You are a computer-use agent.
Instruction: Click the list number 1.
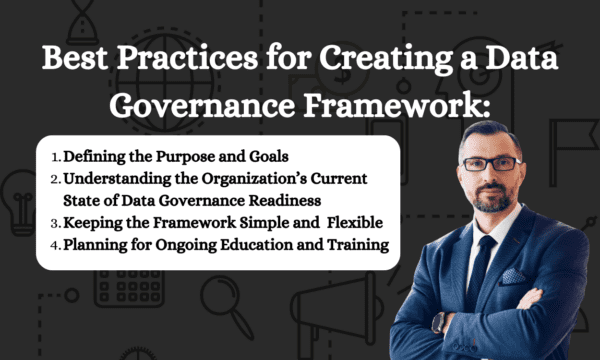click(54, 156)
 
